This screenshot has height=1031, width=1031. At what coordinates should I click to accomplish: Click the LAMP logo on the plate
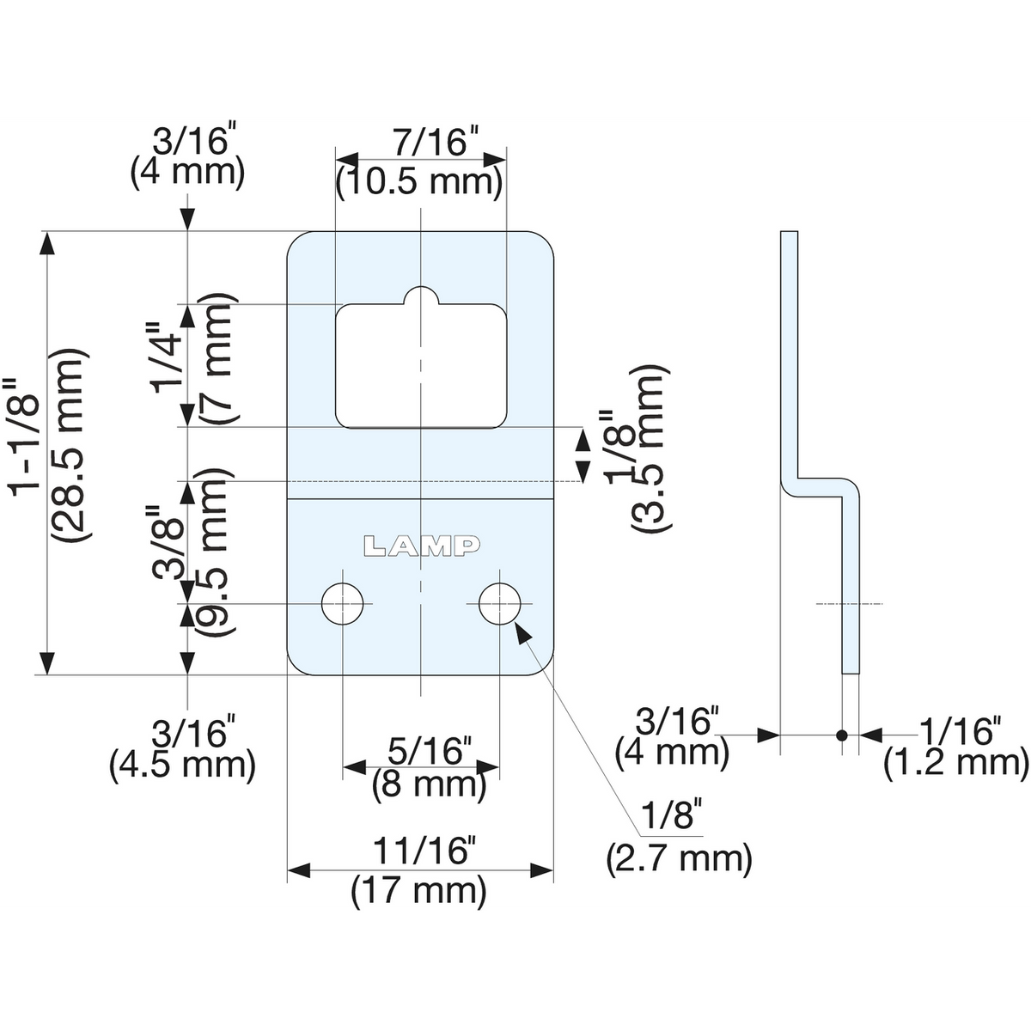(422, 546)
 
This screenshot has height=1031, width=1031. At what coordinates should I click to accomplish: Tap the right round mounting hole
(500, 604)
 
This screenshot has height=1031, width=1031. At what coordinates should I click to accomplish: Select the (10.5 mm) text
(419, 183)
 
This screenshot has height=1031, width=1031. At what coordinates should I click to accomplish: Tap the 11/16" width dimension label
(424, 851)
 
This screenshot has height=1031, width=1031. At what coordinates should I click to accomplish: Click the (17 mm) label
(419, 892)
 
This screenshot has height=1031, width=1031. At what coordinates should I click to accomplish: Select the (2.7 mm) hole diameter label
(680, 860)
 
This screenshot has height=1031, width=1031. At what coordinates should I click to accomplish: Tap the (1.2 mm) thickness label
(956, 762)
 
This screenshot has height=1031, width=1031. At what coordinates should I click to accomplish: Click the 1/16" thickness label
(960, 730)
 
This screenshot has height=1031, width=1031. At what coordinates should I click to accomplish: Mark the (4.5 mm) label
(182, 766)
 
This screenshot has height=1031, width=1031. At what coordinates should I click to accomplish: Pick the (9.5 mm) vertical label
(215, 552)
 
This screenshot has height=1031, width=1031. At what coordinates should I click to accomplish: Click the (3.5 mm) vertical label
(650, 448)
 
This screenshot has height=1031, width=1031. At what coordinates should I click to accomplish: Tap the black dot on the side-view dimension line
(842, 735)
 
